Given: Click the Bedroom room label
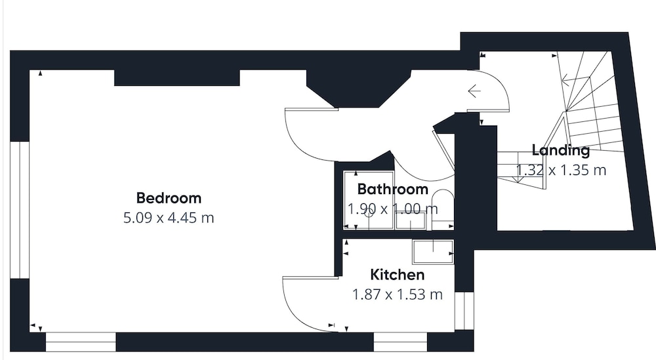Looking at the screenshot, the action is (x=169, y=198).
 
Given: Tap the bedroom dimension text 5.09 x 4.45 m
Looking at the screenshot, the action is (x=169, y=218).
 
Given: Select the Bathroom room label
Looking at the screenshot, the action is (x=392, y=190).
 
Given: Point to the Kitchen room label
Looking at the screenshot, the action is (x=398, y=275).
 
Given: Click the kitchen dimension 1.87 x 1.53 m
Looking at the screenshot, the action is (x=398, y=294).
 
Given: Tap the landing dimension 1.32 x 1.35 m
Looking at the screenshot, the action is (x=561, y=170).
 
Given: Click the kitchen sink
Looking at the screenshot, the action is (x=433, y=252).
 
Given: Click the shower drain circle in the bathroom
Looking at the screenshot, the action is (x=369, y=214).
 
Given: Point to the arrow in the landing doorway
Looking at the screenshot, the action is (x=474, y=90).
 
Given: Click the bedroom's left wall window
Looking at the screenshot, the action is (x=20, y=210).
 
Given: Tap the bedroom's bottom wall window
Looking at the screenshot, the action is (x=80, y=342).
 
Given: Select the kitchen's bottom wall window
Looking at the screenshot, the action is (x=400, y=342).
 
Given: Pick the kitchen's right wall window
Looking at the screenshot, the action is (x=464, y=310).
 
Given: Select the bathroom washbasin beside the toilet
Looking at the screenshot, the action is (x=411, y=220).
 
